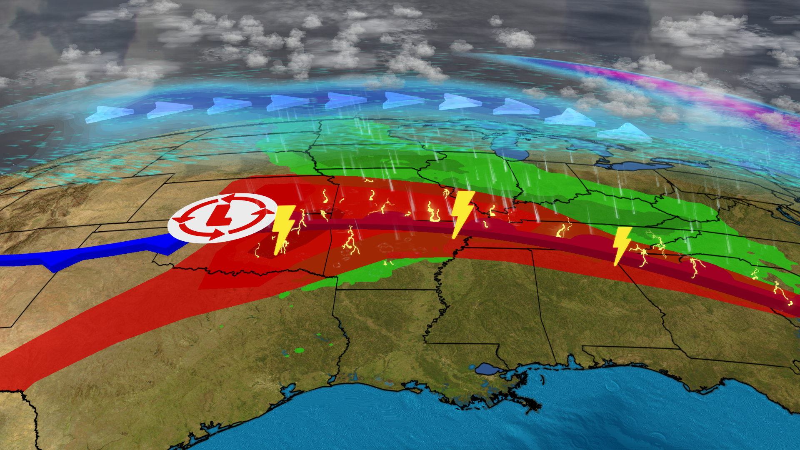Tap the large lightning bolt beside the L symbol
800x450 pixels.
coord(283,228)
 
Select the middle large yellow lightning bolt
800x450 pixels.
coord(462,212)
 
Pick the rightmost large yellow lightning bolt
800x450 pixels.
coord(622,245)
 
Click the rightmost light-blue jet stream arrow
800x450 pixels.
coord(624,133)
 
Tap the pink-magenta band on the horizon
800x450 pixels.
coord(708,94)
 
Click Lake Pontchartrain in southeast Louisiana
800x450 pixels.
coord(485,368)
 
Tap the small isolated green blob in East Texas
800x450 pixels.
coord(300,350)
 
